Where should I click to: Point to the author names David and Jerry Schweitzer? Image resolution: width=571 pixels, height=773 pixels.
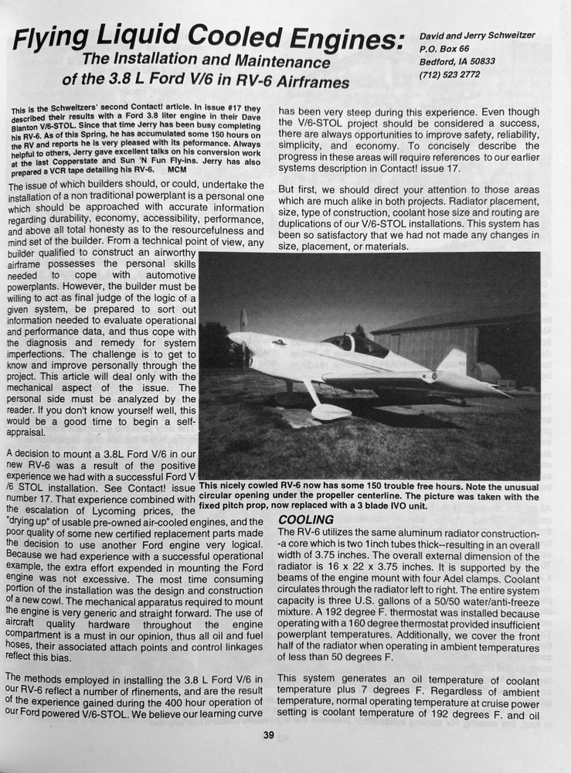[x=487, y=36]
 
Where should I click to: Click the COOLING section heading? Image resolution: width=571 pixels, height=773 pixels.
[x=306, y=519]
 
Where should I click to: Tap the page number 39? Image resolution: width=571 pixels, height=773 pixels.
[x=268, y=734]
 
